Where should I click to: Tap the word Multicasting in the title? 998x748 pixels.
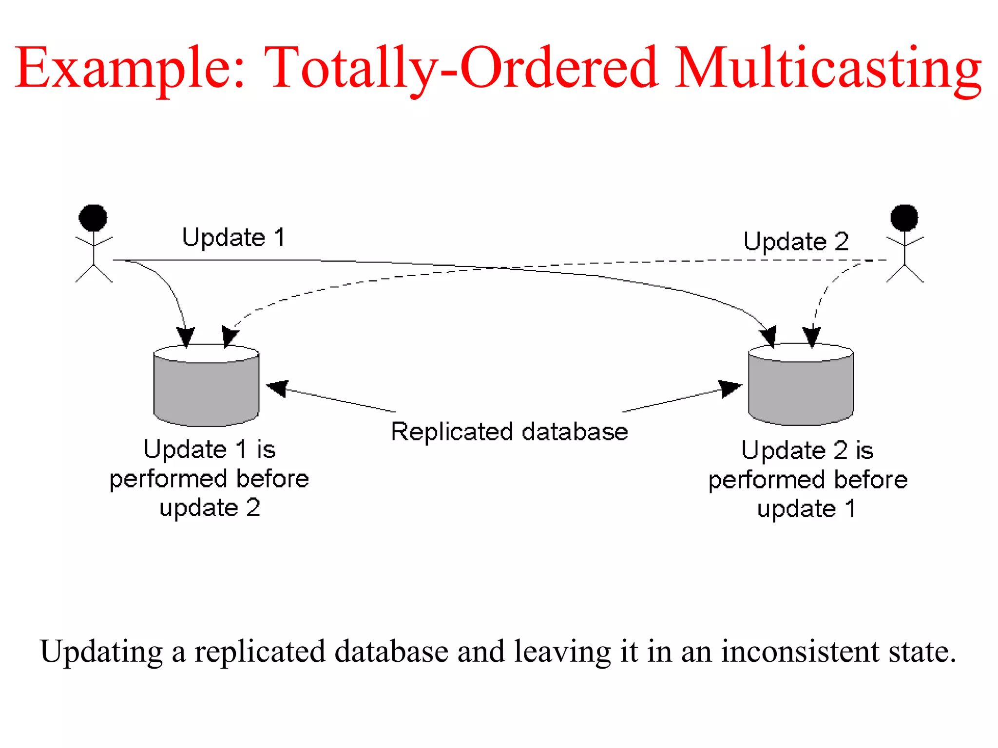828,68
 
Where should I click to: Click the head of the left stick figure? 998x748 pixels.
93,217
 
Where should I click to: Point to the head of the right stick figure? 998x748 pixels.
904,217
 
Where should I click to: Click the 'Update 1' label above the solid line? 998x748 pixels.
233,238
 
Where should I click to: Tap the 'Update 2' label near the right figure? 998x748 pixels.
796,242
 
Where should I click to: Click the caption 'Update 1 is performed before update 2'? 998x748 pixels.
210,479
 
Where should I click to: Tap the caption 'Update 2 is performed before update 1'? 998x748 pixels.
807,480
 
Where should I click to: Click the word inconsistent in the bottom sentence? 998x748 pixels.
800,652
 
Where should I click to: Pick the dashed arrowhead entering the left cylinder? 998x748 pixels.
230,336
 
